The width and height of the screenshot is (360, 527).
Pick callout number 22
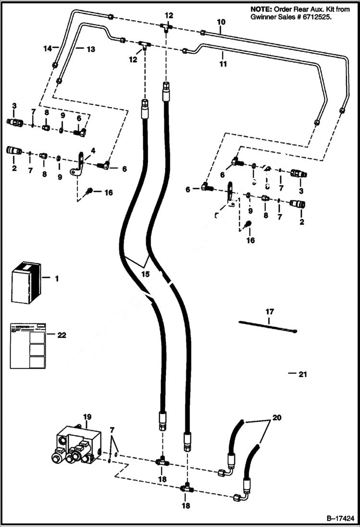(61, 335)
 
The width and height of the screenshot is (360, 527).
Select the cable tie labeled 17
(268, 326)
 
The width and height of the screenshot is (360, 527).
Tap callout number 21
(302, 374)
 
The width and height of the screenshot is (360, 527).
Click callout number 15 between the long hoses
(145, 274)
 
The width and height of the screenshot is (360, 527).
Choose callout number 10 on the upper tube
(221, 22)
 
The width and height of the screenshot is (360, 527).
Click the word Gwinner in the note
(264, 17)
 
